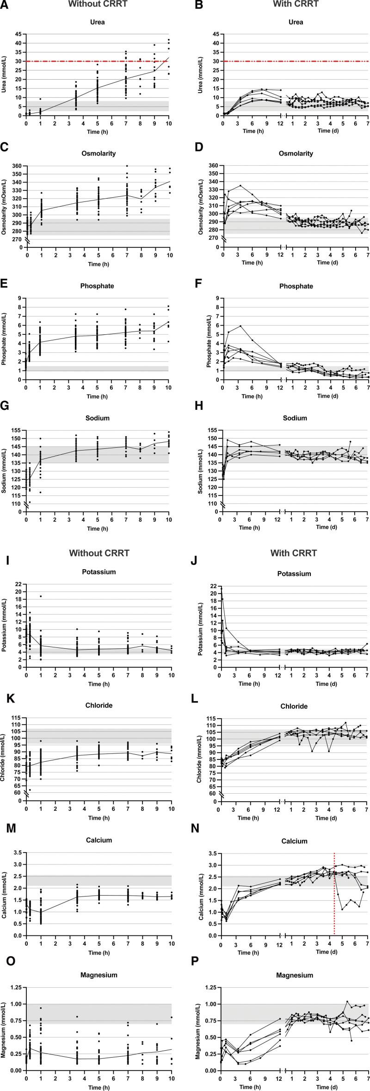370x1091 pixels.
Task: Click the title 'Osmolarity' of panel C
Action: coord(99,153)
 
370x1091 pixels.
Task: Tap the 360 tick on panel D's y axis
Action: coord(214,165)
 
